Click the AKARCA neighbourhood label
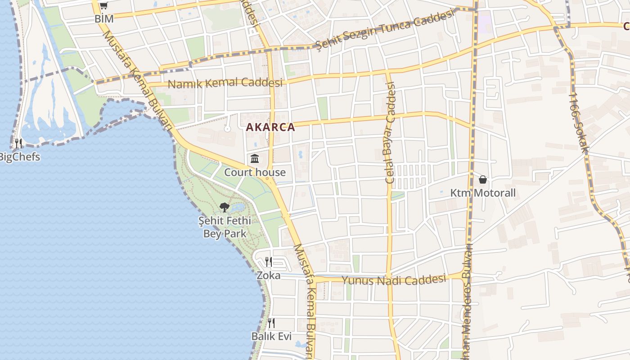pos(270,127)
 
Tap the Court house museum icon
pos(255,158)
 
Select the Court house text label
pos(255,172)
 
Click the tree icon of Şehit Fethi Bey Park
pos(225,207)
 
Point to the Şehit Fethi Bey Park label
pos(225,227)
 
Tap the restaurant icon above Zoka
pos(269,261)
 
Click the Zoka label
pos(269,275)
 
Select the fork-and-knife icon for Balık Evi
pos(271,323)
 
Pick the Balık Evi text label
pos(271,337)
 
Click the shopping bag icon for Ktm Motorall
pos(483,180)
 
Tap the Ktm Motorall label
pos(483,193)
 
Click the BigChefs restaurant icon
pos(18,144)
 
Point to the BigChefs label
pos(19,157)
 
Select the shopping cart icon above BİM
pos(103,5)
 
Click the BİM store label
pos(104,19)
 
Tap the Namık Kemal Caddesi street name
pos(225,83)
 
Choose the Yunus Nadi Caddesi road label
pos(394,280)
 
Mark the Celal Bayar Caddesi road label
pos(390,132)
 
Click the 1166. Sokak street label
pos(578,122)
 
